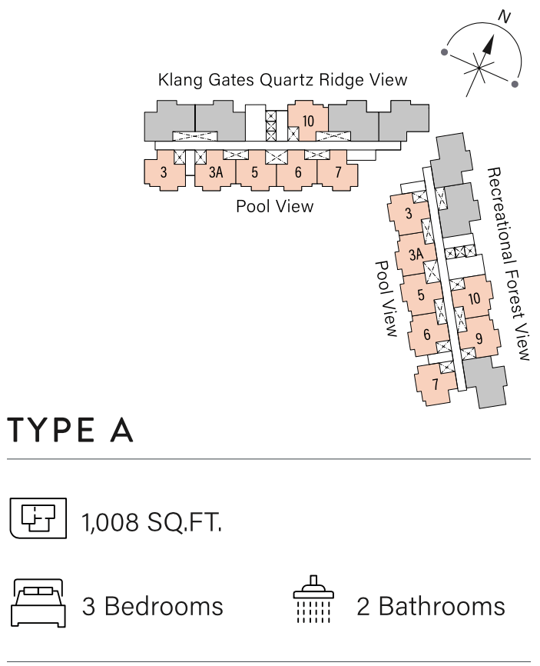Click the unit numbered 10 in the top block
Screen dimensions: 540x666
(308, 122)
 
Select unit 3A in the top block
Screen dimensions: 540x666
(216, 172)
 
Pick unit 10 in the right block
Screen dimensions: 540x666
(474, 298)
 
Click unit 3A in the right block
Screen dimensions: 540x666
(416, 255)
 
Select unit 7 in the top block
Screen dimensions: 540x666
(338, 172)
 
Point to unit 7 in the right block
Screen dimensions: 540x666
(435, 383)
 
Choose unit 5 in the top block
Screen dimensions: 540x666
(254, 172)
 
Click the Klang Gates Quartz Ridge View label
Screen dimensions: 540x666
(282, 79)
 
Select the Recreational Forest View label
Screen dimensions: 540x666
(508, 263)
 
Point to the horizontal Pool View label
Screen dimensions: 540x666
(274, 206)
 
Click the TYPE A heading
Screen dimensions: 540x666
(71, 430)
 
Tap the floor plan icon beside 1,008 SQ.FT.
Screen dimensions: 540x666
(37, 517)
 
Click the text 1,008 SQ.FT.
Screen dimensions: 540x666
(152, 524)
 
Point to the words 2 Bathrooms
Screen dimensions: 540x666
(431, 606)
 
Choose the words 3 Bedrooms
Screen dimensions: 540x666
(152, 606)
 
